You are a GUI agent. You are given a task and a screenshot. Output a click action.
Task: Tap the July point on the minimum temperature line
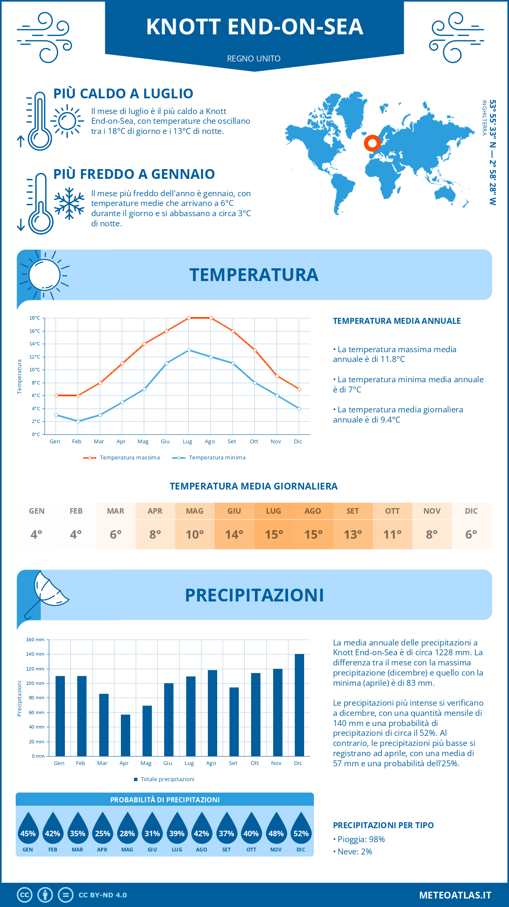tap(189, 350)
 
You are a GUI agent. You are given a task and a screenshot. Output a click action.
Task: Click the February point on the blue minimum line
tap(78, 421)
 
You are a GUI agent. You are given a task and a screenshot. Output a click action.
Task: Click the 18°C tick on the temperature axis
tap(35, 318)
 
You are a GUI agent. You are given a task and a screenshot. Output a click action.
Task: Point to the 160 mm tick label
tap(36, 640)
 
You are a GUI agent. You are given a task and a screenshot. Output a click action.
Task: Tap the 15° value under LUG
tap(274, 534)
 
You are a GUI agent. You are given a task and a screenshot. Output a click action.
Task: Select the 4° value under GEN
tap(36, 534)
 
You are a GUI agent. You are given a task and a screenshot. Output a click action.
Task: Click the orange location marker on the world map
tap(372, 143)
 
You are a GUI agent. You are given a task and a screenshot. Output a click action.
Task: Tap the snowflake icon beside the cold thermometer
tap(69, 203)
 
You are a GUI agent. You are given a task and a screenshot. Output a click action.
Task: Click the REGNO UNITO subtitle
tap(254, 58)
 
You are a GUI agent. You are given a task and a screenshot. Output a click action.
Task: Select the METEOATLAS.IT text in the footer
tap(455, 895)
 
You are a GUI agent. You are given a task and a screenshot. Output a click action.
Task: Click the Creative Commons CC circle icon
tap(25, 895)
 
